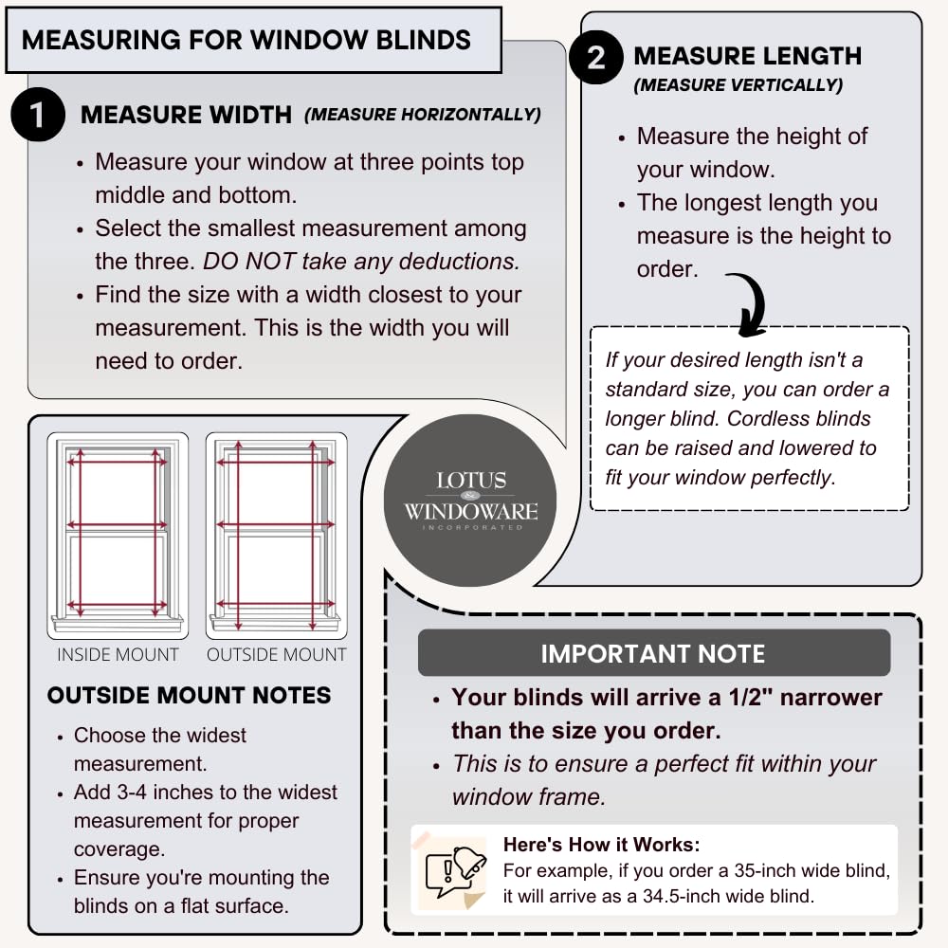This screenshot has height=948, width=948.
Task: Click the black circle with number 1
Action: (x=37, y=115)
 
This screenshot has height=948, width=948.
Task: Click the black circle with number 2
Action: (x=596, y=58)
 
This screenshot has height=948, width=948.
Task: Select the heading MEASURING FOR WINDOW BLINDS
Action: (x=246, y=40)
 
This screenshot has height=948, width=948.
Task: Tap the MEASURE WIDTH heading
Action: (x=186, y=115)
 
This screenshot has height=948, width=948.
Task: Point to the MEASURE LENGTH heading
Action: (x=747, y=56)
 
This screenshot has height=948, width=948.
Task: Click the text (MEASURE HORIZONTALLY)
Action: (x=422, y=115)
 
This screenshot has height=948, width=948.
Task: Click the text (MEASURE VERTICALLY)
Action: (x=738, y=85)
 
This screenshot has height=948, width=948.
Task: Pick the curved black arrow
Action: (x=749, y=303)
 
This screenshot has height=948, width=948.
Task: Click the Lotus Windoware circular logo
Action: (x=470, y=500)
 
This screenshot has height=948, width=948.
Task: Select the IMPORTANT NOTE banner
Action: (x=653, y=653)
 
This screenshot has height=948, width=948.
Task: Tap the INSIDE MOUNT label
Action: (x=118, y=655)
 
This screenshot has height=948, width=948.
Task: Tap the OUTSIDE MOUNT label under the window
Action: (x=277, y=655)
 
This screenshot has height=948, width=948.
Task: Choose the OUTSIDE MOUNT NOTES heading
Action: (x=189, y=696)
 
